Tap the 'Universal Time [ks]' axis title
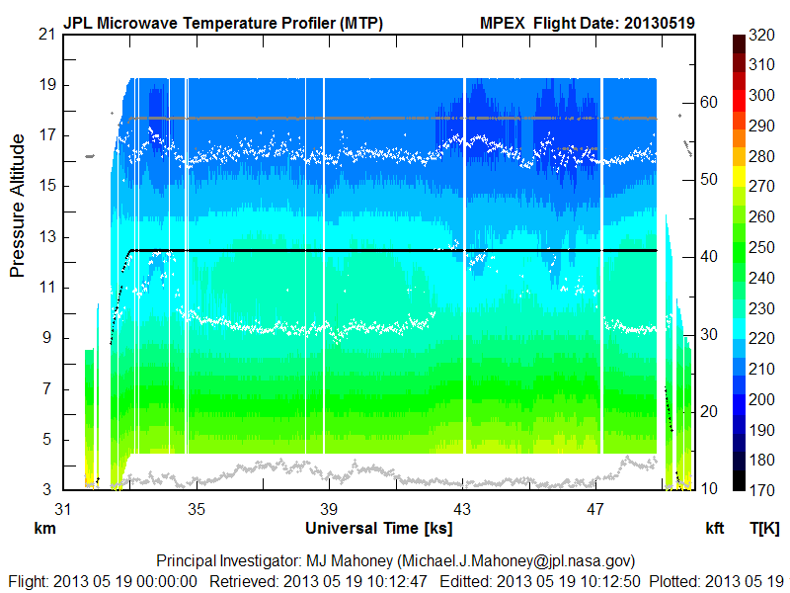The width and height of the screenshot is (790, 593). (378, 528)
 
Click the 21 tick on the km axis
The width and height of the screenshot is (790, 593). (45, 34)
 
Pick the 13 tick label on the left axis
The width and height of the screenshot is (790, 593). (45, 237)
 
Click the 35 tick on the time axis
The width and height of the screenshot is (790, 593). (197, 509)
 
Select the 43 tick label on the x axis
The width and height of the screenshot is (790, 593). (463, 509)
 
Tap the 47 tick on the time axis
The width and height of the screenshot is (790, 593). (595, 509)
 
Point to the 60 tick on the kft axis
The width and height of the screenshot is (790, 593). (708, 101)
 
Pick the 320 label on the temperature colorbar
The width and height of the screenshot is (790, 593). (761, 34)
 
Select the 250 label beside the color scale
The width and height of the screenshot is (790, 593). (761, 247)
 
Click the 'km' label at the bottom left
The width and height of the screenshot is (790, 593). (43, 529)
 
